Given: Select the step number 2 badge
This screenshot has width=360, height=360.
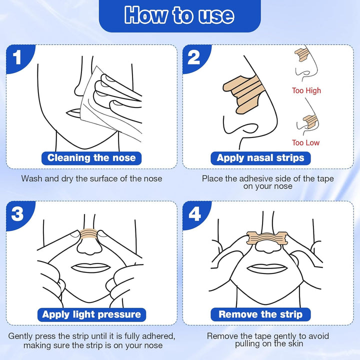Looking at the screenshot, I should [x=194, y=57].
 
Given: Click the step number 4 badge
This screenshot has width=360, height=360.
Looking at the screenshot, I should [x=194, y=214].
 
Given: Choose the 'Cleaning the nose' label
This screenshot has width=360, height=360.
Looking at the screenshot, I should [x=91, y=158].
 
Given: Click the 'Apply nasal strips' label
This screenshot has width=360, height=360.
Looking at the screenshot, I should [x=260, y=158].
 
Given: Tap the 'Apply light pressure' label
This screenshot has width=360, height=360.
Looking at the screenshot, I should [x=91, y=314].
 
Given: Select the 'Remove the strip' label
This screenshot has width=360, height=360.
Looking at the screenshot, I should [x=260, y=314].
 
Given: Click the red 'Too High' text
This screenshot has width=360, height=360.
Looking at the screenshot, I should [x=306, y=91].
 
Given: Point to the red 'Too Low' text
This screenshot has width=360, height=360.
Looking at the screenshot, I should [x=305, y=143].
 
